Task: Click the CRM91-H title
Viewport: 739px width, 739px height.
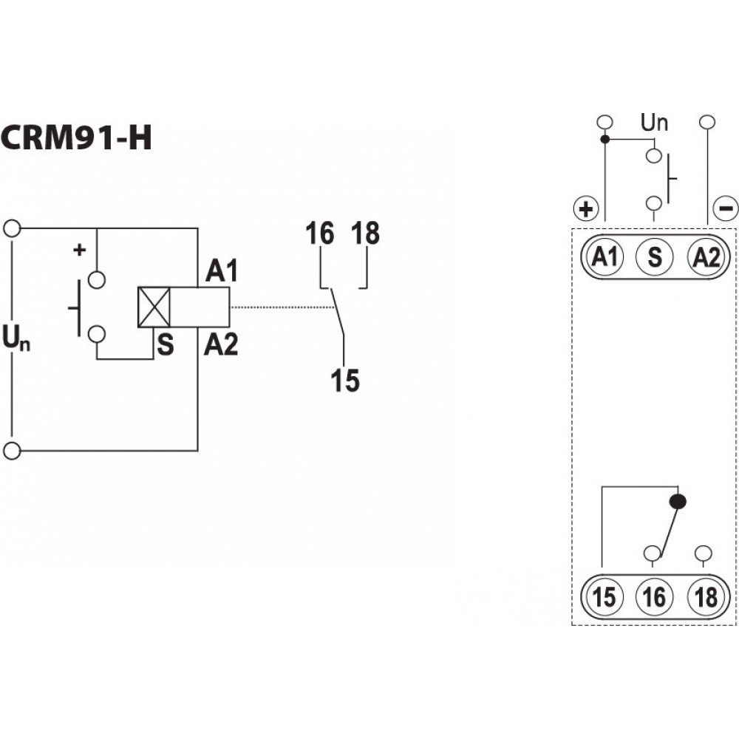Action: pyautogui.click(x=76, y=137)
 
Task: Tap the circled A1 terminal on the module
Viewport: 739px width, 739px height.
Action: pyautogui.click(x=605, y=257)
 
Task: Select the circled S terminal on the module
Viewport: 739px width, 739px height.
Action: pyautogui.click(x=655, y=257)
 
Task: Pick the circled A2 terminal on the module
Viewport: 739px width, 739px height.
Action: pyautogui.click(x=706, y=257)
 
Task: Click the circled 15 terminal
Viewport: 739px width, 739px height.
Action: pyautogui.click(x=605, y=596)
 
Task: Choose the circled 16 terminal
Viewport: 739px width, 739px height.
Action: pyautogui.click(x=655, y=596)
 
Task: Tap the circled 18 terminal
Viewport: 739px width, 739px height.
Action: pyautogui.click(x=706, y=596)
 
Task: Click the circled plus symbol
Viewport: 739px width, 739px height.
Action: pyautogui.click(x=586, y=209)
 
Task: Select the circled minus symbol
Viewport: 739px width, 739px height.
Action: pyautogui.click(x=726, y=209)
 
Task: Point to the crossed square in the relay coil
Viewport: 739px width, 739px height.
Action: pyautogui.click(x=154, y=307)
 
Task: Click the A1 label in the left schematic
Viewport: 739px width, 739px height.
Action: pyautogui.click(x=222, y=270)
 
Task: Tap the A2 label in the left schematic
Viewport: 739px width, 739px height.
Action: pyautogui.click(x=221, y=344)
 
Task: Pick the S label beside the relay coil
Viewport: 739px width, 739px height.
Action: pyautogui.click(x=166, y=344)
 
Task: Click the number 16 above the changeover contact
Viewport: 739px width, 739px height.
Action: pyautogui.click(x=320, y=234)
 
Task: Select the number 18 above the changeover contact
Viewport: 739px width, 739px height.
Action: pyautogui.click(x=366, y=234)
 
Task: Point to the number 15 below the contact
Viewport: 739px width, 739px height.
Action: pyautogui.click(x=345, y=380)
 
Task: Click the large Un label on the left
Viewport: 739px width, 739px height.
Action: pyautogui.click(x=16, y=338)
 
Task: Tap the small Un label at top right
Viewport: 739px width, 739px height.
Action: pyautogui.click(x=654, y=123)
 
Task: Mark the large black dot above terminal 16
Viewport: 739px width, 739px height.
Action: pyautogui.click(x=678, y=501)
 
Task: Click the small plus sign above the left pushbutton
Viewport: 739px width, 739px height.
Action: pyautogui.click(x=80, y=250)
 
